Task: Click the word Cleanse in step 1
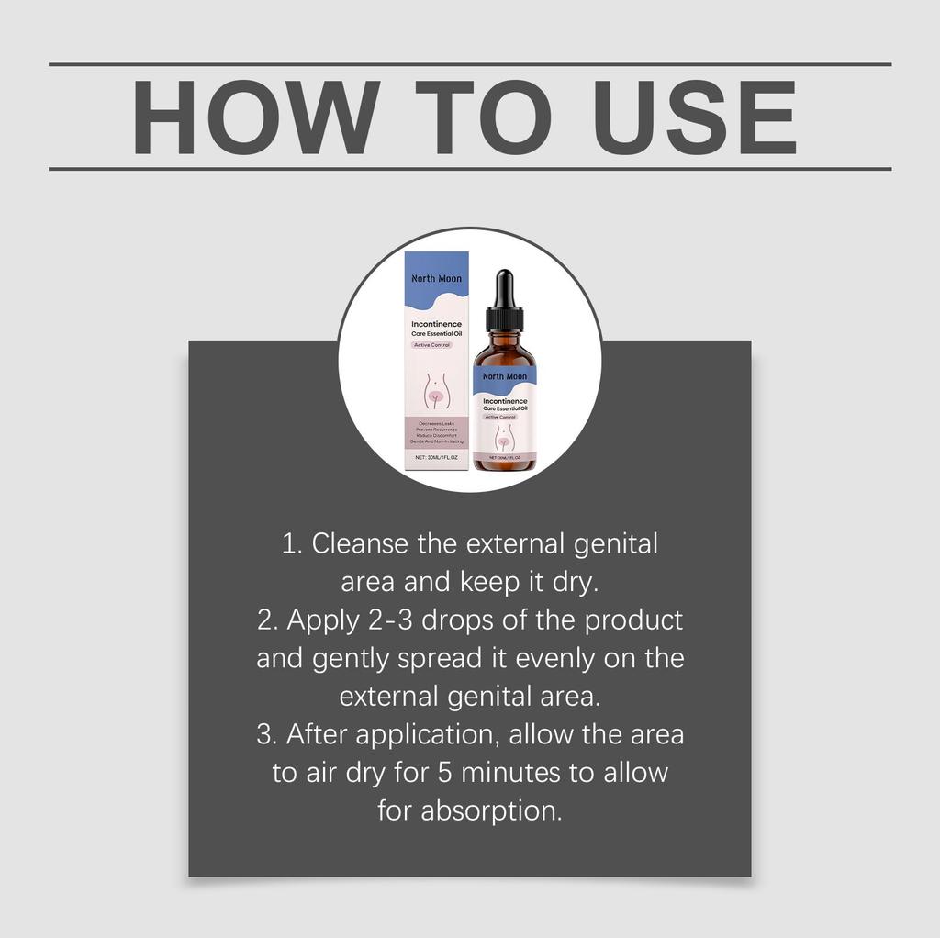coord(360,543)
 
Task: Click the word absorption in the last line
coord(491,811)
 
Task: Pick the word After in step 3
coord(316,735)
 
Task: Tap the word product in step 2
coord(634,620)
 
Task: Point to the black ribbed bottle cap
coord(504,319)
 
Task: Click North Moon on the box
coord(437,278)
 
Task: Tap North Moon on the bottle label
coord(505,376)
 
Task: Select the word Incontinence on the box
coord(437,325)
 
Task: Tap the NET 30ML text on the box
coord(437,456)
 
